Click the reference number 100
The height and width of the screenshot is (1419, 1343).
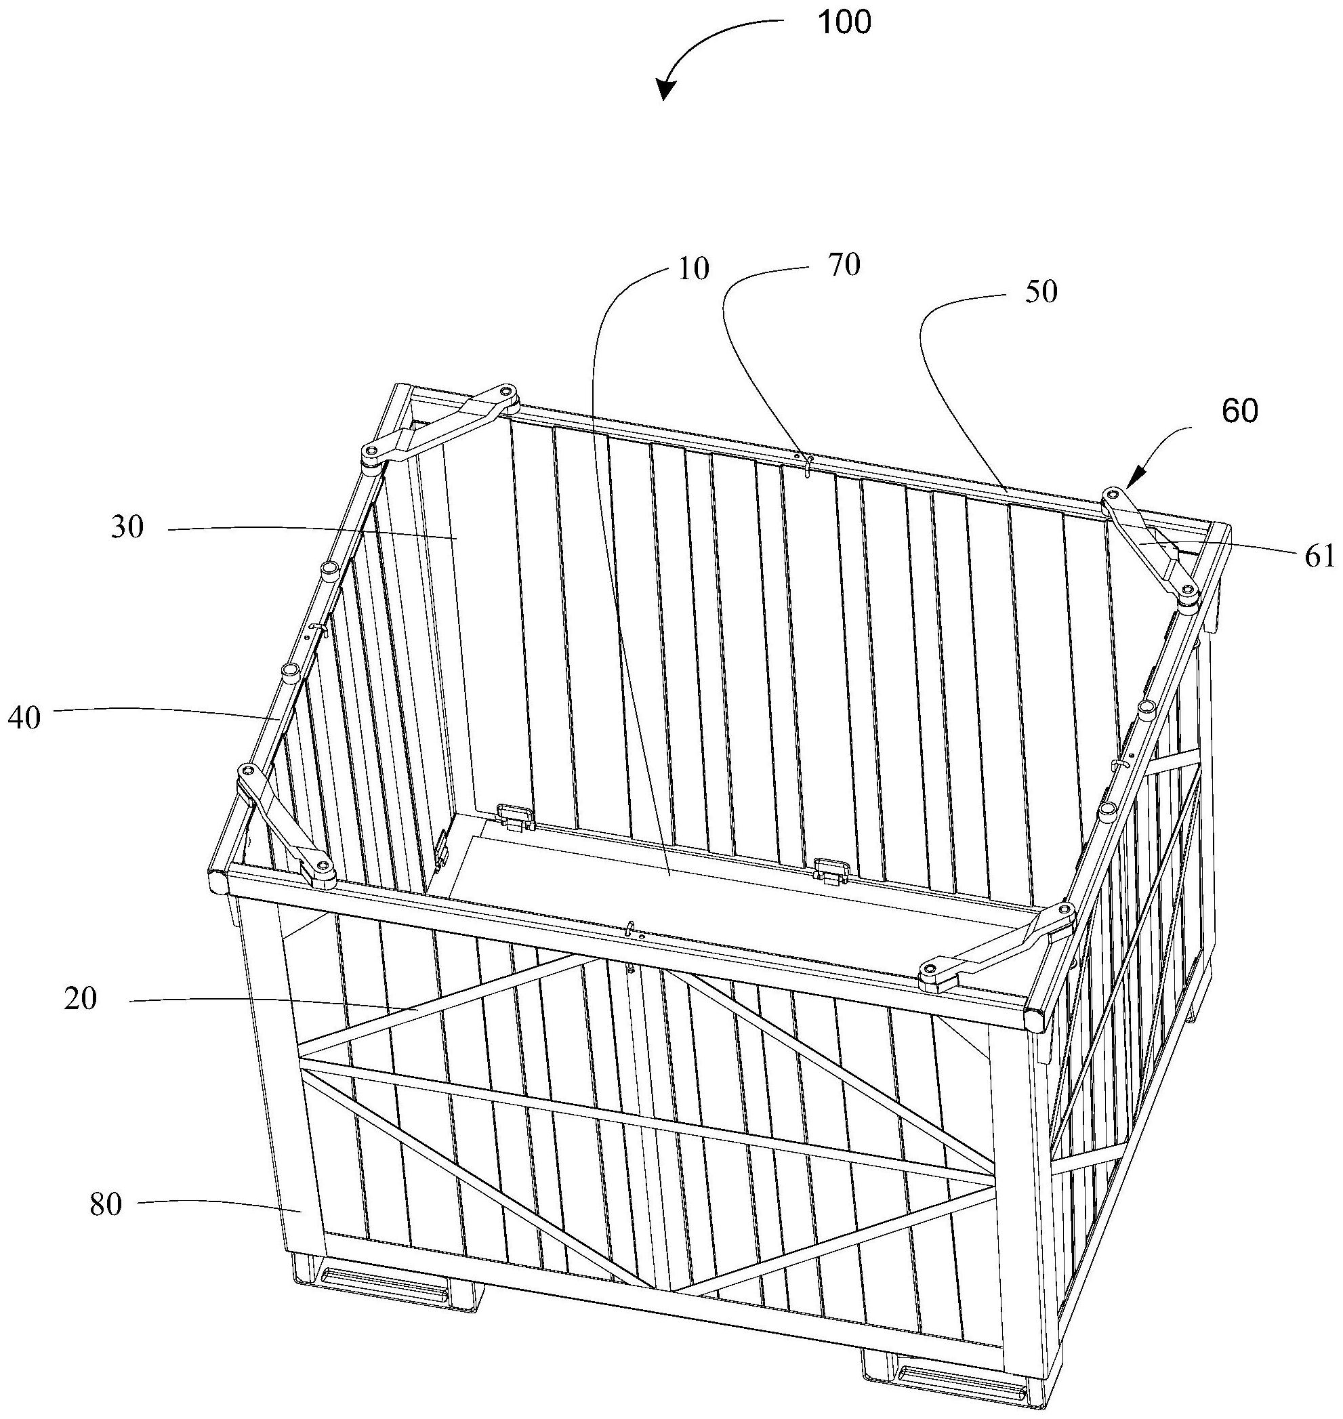coord(845,22)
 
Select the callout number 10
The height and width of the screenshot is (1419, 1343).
coord(693,268)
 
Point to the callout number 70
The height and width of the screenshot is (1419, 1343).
coord(844,265)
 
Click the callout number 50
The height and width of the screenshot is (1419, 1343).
coord(1041,291)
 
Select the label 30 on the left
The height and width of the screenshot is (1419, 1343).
coord(127,528)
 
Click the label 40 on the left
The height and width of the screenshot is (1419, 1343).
coord(24,718)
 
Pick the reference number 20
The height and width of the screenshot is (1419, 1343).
coord(79,999)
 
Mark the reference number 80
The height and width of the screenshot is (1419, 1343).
coord(106,1205)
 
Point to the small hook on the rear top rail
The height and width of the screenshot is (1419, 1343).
coord(807,464)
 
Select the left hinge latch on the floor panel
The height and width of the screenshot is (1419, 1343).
coord(516,816)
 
